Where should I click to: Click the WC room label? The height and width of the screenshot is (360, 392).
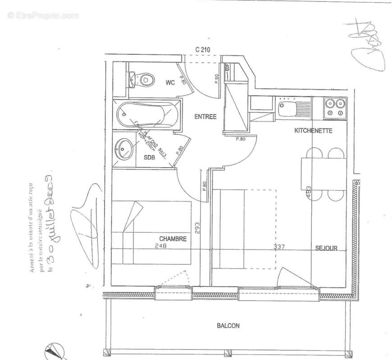point(170,82)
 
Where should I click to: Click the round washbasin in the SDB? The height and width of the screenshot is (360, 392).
point(123,147)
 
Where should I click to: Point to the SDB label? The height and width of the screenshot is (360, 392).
point(149,158)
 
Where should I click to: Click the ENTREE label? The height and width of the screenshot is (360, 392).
point(205,117)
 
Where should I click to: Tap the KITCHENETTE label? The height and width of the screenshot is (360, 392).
point(313,131)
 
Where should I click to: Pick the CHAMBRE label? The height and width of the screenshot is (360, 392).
point(173,239)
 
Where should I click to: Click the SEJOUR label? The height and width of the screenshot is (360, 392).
point(326,248)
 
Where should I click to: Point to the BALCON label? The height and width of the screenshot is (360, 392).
point(228,326)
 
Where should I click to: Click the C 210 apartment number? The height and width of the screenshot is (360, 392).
point(203,50)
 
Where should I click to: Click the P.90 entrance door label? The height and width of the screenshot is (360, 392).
point(217,79)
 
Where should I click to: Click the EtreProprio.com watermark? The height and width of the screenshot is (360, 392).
point(43,16)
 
